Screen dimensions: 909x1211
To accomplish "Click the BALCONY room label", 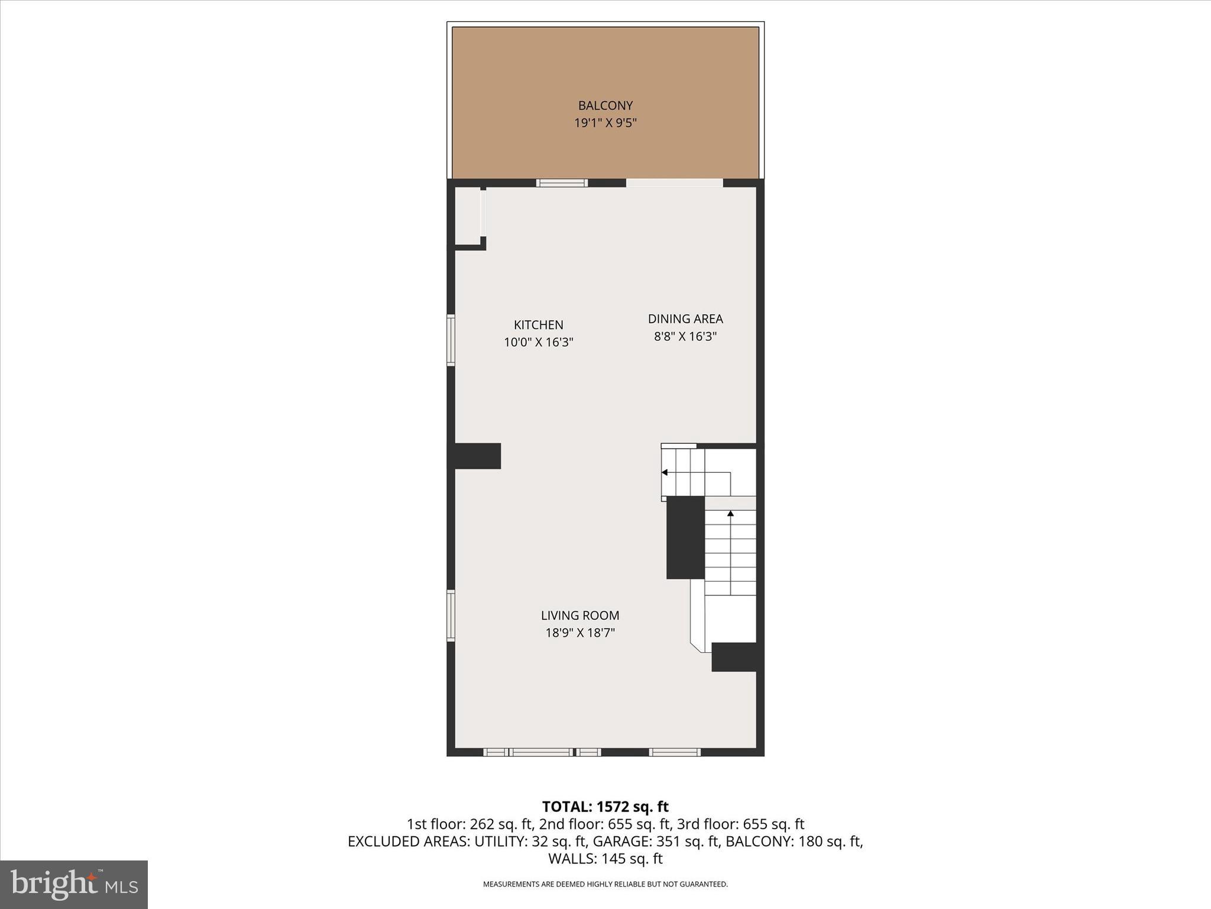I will pos(605,106).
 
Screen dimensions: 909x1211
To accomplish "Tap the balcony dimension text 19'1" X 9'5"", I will pos(605,123).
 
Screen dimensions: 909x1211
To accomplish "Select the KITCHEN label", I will pos(538,325).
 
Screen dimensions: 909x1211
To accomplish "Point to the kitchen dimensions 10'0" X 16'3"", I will pos(538,342).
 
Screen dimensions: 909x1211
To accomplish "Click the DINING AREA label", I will pos(685,319).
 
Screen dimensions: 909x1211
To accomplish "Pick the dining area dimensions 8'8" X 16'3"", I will pos(685,336).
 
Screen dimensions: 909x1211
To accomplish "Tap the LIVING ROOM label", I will pos(579,615).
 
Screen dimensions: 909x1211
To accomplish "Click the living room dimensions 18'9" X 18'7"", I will pos(579,633).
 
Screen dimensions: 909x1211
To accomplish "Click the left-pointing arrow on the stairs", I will pos(665,472).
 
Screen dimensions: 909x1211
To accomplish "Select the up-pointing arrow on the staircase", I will pos(730,514).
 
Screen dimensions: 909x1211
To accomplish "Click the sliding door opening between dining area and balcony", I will pos(674,183).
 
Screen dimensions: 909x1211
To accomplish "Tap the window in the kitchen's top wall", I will pos(562,183).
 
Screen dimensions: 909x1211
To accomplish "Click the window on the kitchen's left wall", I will pos(451,340).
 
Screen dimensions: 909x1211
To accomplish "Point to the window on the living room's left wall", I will pos(451,615).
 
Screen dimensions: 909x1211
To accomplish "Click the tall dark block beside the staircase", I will pos(685,537).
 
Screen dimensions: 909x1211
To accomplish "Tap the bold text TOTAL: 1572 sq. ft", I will pos(605,807).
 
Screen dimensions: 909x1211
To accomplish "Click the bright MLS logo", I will pos(74,884).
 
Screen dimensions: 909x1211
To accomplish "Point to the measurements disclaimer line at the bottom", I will pos(605,884).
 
